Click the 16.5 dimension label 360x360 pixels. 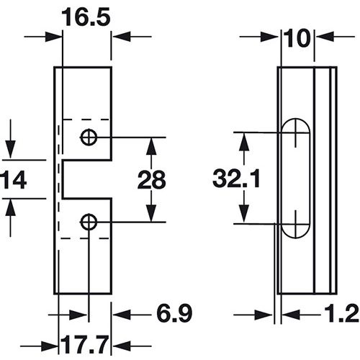(x=86, y=17)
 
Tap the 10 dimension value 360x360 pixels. (x=297, y=38)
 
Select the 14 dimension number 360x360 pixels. (x=14, y=179)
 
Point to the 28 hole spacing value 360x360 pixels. (x=151, y=179)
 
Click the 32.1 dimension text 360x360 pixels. (x=236, y=178)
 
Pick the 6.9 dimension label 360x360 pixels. (x=174, y=314)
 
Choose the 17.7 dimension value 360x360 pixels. (x=84, y=345)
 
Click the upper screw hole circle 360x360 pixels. (x=89, y=138)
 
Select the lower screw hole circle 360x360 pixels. (x=89, y=222)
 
